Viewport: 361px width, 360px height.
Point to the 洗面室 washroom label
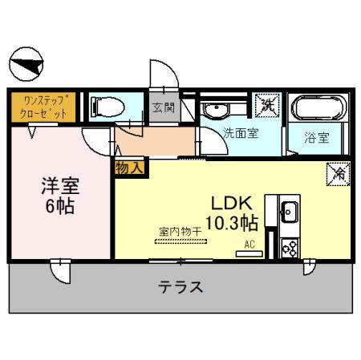click(241, 133)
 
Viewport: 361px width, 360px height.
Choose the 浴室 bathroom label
click(317, 136)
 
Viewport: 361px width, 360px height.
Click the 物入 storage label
click(128, 168)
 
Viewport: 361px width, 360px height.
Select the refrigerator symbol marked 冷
click(335, 172)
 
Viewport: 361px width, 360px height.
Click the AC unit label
click(249, 245)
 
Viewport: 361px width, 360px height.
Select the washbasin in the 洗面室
click(216, 109)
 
